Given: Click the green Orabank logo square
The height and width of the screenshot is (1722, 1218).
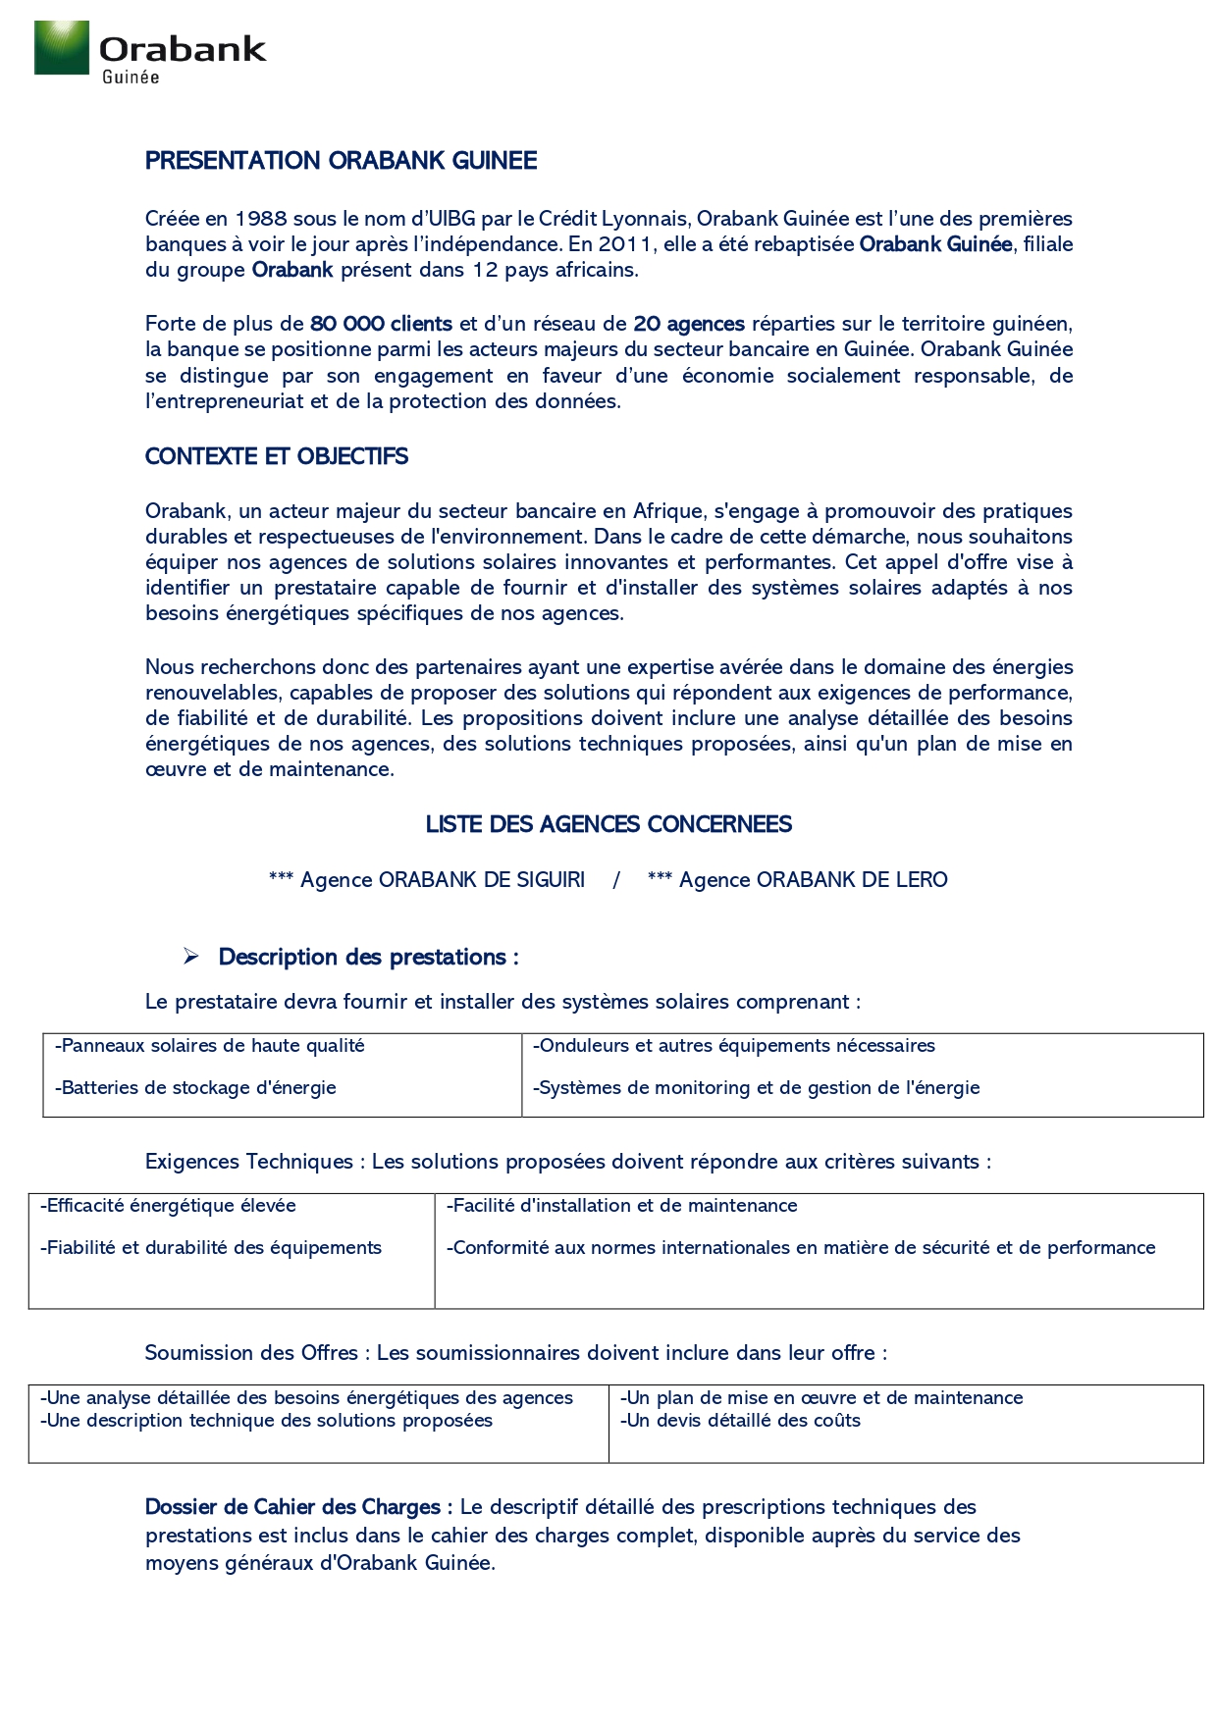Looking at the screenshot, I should point(62,48).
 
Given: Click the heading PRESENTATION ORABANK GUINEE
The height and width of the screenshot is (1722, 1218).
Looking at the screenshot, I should point(341,161).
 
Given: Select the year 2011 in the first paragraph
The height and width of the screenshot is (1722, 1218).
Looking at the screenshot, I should point(625,244).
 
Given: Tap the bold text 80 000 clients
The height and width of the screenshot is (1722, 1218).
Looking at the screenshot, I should point(381,324).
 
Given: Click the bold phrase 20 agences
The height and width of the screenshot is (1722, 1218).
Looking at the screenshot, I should point(689,324).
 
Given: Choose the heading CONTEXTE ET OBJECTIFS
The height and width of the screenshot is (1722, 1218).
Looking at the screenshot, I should point(276,456).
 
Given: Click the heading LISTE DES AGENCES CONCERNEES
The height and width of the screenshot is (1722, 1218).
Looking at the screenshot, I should point(609,824).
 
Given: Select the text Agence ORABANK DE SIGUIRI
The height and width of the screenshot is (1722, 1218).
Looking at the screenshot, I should point(442,880).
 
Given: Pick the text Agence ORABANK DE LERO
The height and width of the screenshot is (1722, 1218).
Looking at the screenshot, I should point(813,880).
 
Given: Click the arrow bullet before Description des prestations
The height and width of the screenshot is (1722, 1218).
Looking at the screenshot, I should point(191,957).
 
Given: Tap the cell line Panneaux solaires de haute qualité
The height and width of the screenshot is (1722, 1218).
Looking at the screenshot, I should point(210,1046).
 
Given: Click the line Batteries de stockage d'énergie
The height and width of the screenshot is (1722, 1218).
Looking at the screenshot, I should point(196,1088).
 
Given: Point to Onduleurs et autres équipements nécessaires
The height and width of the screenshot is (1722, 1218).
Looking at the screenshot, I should point(734,1046).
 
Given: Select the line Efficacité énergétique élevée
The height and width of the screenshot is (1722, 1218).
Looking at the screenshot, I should point(168,1206).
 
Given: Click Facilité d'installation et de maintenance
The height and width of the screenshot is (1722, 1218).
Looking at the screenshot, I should point(622,1206).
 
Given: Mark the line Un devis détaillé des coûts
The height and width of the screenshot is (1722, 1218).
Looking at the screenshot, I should point(741,1421).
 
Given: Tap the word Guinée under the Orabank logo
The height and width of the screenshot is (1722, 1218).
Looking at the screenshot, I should point(131,78).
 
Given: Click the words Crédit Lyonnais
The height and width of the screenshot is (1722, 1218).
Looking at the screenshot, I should point(614,219).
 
